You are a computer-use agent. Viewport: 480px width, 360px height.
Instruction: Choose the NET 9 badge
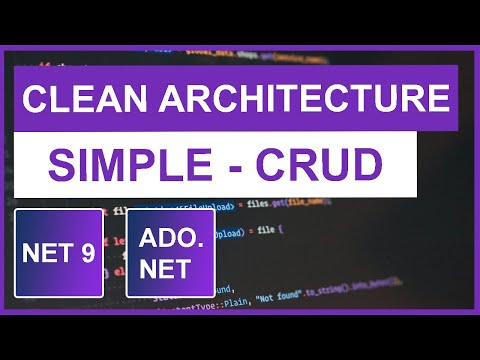pos(59,253)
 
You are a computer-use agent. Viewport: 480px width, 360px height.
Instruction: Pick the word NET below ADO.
pos(170,269)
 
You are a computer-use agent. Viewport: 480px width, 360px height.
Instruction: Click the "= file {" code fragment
pos(266,230)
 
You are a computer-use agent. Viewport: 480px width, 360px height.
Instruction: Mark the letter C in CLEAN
pos(33,100)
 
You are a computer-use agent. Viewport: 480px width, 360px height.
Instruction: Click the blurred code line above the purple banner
pos(240,54)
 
